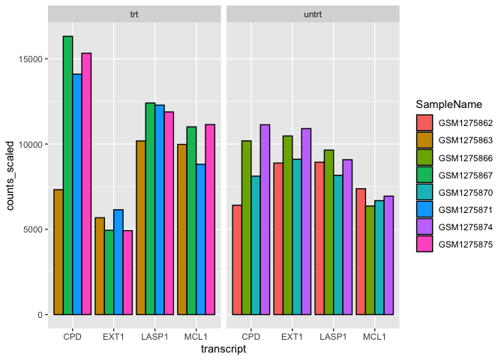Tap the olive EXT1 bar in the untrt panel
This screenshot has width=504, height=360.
(x=287, y=225)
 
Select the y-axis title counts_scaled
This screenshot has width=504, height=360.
(x=11, y=170)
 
